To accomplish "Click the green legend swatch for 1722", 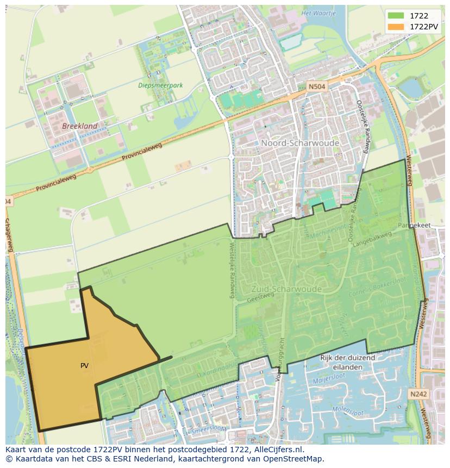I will (x=395, y=16).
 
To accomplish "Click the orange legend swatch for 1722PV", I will (x=395, y=26).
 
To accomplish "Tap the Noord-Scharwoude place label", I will (x=300, y=143).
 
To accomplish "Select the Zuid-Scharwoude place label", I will (x=286, y=289).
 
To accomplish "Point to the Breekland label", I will (x=80, y=126).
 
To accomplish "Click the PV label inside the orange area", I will (x=84, y=366).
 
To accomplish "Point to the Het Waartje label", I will (x=318, y=13).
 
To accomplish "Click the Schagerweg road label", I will (x=9, y=235).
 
